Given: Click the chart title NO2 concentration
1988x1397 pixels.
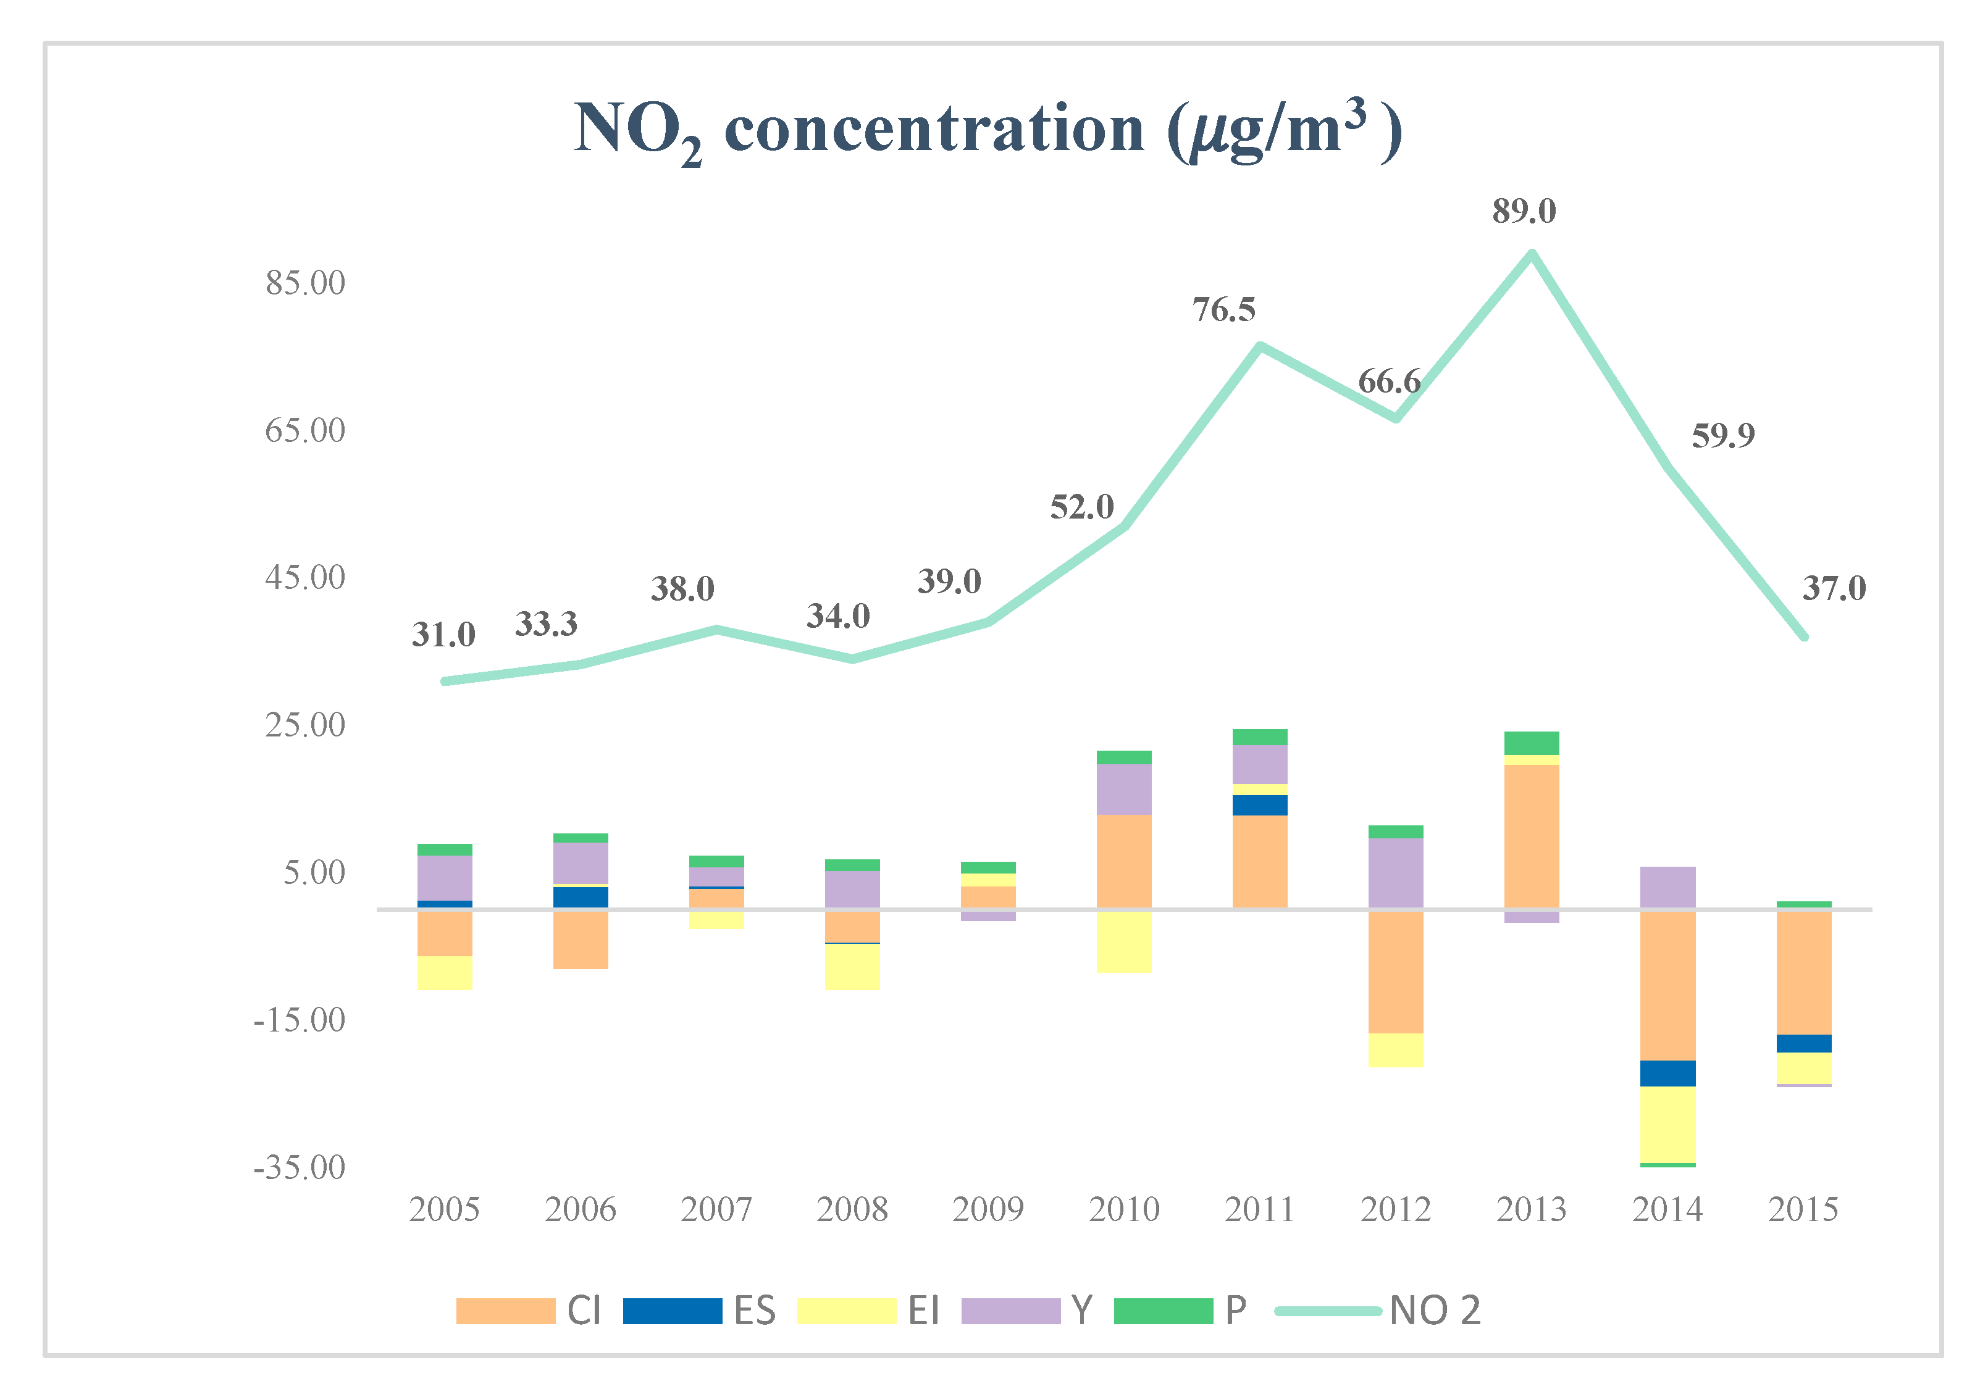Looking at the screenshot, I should (987, 130).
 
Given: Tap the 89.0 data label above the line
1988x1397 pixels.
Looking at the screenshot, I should (1524, 211).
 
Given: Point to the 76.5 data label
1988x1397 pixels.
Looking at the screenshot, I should (1223, 310).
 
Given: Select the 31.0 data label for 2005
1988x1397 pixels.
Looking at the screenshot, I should (443, 635).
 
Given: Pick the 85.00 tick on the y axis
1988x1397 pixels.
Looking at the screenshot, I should (305, 283).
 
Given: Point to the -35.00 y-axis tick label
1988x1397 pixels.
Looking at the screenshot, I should (299, 1167).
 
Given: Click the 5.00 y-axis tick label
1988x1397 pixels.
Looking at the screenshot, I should (314, 872).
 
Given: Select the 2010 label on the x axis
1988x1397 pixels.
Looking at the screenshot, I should (1124, 1209).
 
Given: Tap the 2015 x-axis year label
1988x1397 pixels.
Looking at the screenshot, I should (1803, 1209).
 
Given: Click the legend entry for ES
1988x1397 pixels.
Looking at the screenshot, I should (698, 1311).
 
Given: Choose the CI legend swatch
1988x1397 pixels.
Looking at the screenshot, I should (506, 1311).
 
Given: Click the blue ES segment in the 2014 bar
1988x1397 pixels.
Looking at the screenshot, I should (1667, 1074).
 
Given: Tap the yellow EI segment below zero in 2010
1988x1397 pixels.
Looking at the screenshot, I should (1124, 941).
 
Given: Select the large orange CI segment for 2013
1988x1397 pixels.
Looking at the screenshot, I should (1532, 835).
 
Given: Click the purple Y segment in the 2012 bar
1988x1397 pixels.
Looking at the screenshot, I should (1396, 872).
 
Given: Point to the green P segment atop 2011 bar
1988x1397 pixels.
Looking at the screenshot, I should (1260, 736).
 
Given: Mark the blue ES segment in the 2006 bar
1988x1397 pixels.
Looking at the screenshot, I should (580, 897).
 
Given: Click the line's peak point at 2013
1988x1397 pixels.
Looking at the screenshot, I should (1532, 254).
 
